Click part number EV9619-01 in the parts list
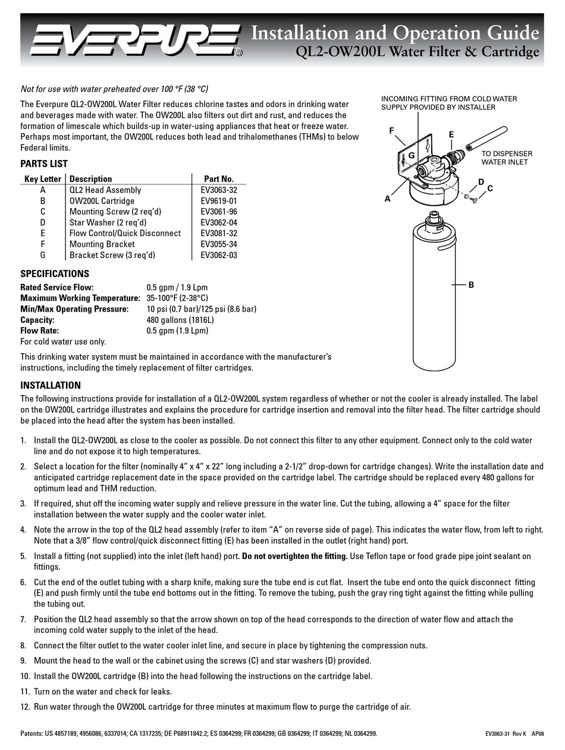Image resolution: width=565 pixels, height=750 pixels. point(218,201)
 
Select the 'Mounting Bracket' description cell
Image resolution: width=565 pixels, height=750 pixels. point(102,244)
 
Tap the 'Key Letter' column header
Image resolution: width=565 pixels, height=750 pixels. point(42,178)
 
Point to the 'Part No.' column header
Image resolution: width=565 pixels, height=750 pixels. point(218,178)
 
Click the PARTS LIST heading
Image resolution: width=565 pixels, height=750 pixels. point(44,164)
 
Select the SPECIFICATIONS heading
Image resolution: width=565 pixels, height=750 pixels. point(55,274)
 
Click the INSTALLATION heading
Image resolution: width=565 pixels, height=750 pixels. point(51,385)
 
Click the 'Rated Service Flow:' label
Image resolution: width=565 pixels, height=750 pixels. point(57,287)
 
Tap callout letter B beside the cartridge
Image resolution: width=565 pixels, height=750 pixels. point(471,285)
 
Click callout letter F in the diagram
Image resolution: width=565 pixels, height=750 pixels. point(391,130)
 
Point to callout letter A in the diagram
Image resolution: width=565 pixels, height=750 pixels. point(387,199)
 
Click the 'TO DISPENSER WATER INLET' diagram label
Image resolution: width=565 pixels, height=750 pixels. point(506,157)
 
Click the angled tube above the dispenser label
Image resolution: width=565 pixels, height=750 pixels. point(486,137)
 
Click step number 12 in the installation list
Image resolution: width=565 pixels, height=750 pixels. point(25,707)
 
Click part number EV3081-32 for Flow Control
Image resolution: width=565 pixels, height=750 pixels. point(218,233)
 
